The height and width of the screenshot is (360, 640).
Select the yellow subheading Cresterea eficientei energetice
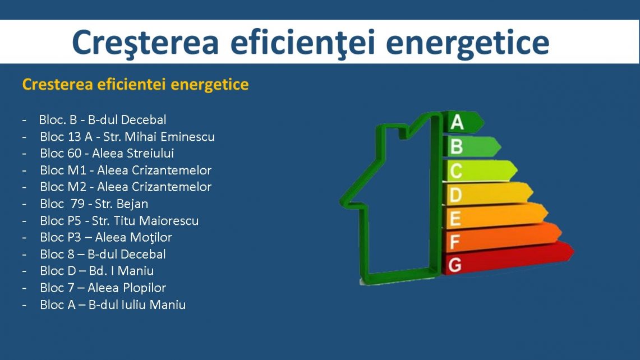[136, 85]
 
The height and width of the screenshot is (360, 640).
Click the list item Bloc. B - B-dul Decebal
[103, 119]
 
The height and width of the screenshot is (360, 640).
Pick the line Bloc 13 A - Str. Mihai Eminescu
[127, 136]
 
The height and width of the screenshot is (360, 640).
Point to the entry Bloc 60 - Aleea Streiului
[107, 153]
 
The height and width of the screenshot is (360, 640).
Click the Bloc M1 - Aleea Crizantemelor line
[126, 170]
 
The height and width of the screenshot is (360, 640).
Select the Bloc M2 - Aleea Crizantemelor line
[126, 187]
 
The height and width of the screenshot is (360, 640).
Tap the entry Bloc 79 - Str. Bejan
[94, 204]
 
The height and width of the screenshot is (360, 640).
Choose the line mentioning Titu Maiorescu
[119, 220]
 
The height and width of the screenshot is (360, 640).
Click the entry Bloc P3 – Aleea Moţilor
[106, 237]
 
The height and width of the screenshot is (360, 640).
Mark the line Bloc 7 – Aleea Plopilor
[103, 288]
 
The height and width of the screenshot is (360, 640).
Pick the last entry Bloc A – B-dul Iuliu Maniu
[113, 304]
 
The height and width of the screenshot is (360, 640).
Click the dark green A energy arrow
[464, 122]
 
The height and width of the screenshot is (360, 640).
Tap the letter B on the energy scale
[457, 146]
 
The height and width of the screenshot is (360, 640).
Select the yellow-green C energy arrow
[480, 170]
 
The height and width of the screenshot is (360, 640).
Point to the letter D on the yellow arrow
[455, 195]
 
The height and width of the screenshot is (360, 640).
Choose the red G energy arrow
[509, 259]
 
